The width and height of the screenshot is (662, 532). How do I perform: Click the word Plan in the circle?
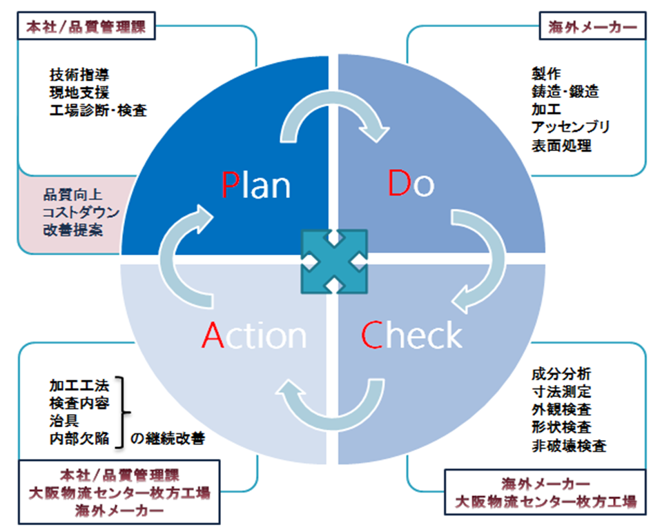pyautogui.click(x=256, y=185)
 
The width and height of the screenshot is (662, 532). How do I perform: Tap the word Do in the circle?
pyautogui.click(x=411, y=183)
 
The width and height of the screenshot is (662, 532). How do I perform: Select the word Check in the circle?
pyautogui.click(x=411, y=334)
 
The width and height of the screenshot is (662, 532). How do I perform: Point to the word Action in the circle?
pyautogui.click(x=254, y=335)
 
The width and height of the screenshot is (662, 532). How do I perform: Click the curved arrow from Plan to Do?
pyautogui.click(x=333, y=101)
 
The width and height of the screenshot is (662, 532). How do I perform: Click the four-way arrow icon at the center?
pyautogui.click(x=334, y=262)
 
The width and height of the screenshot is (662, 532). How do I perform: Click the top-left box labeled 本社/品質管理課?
pyautogui.click(x=86, y=27)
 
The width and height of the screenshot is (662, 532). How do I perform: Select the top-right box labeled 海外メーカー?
pyautogui.click(x=592, y=27)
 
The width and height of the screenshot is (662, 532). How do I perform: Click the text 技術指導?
pyautogui.click(x=79, y=75)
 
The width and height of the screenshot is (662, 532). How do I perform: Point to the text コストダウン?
pyautogui.click(x=81, y=213)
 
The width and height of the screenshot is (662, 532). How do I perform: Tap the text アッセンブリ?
pyautogui.click(x=570, y=127)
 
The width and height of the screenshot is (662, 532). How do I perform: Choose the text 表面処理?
pyautogui.click(x=561, y=146)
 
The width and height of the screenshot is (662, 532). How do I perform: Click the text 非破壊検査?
pyautogui.click(x=569, y=446)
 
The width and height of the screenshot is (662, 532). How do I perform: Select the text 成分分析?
pyautogui.click(x=561, y=373)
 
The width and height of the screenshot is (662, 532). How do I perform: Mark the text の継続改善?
pyautogui.click(x=168, y=438)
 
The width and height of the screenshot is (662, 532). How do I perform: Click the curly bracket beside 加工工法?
pyautogui.click(x=122, y=412)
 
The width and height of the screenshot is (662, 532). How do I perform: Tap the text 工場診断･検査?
pyautogui.click(x=99, y=110)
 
